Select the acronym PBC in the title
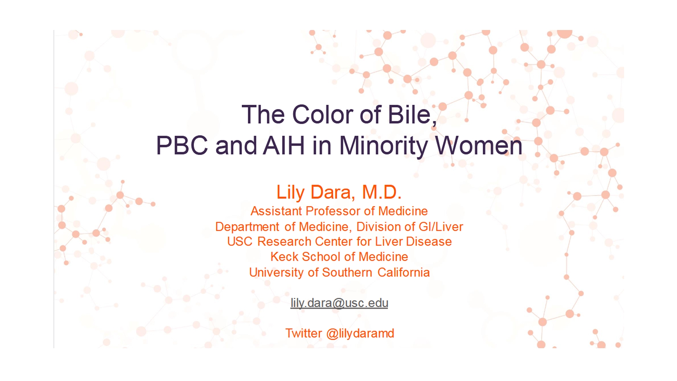[182, 145]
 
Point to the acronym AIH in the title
[284, 145]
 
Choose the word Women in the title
[478, 145]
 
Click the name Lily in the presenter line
[291, 193]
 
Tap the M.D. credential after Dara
[382, 192]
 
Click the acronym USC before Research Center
[240, 242]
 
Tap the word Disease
[429, 242]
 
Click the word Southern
[347, 272]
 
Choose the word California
[403, 272]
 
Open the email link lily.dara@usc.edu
[339, 303]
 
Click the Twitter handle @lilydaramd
[360, 333]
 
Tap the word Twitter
[304, 333]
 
